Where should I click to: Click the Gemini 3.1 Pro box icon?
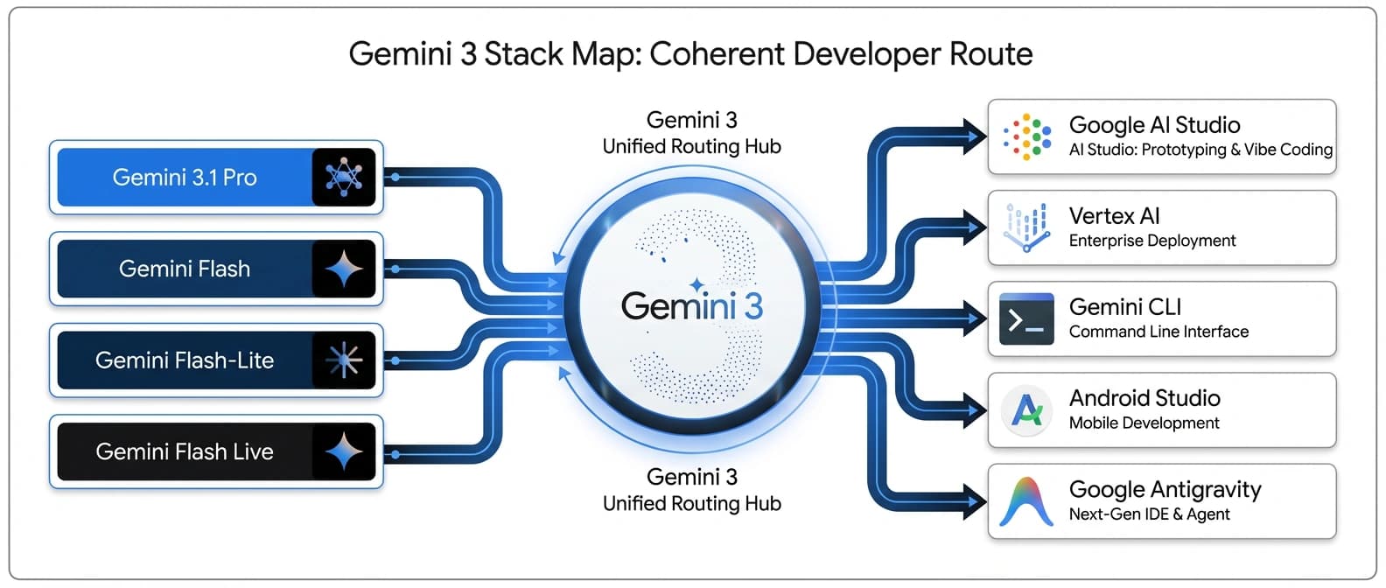coord(344,177)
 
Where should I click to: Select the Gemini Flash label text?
coord(185,269)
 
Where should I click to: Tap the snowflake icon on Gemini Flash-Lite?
coord(344,360)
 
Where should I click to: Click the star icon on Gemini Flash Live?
coord(344,451)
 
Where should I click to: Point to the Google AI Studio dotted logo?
coord(1027,136)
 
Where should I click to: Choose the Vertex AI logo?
coord(1026,227)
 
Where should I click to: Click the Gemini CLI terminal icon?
coord(1026,318)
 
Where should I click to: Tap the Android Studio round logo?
coord(1026,409)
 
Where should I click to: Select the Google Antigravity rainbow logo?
coord(1026,501)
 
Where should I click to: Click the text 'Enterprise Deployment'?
coord(1152,241)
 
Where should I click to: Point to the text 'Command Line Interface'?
coord(1158,332)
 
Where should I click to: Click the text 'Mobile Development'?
coord(1144,423)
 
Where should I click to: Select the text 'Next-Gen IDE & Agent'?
coord(1149,514)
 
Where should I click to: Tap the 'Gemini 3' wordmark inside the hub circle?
coord(691,306)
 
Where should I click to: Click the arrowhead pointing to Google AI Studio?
coord(973,136)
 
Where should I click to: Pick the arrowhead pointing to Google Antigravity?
coord(973,501)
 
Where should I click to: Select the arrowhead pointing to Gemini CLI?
coord(973,318)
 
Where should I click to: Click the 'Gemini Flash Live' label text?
coord(185,451)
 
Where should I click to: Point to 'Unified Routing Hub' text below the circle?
coord(691,503)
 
